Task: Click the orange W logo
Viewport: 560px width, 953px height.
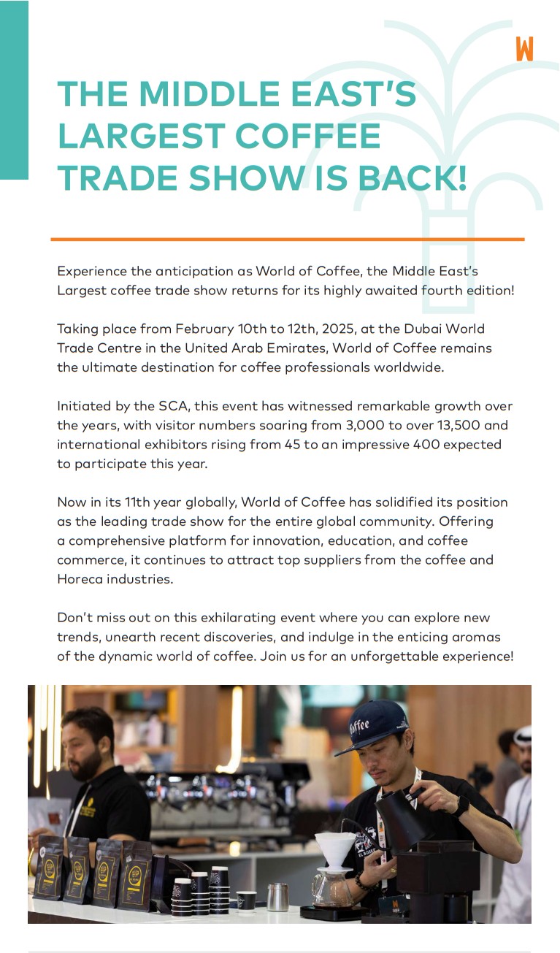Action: [x=524, y=48]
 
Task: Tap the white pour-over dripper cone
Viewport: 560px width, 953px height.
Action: [x=335, y=848]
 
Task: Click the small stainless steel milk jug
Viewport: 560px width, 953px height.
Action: [x=277, y=897]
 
